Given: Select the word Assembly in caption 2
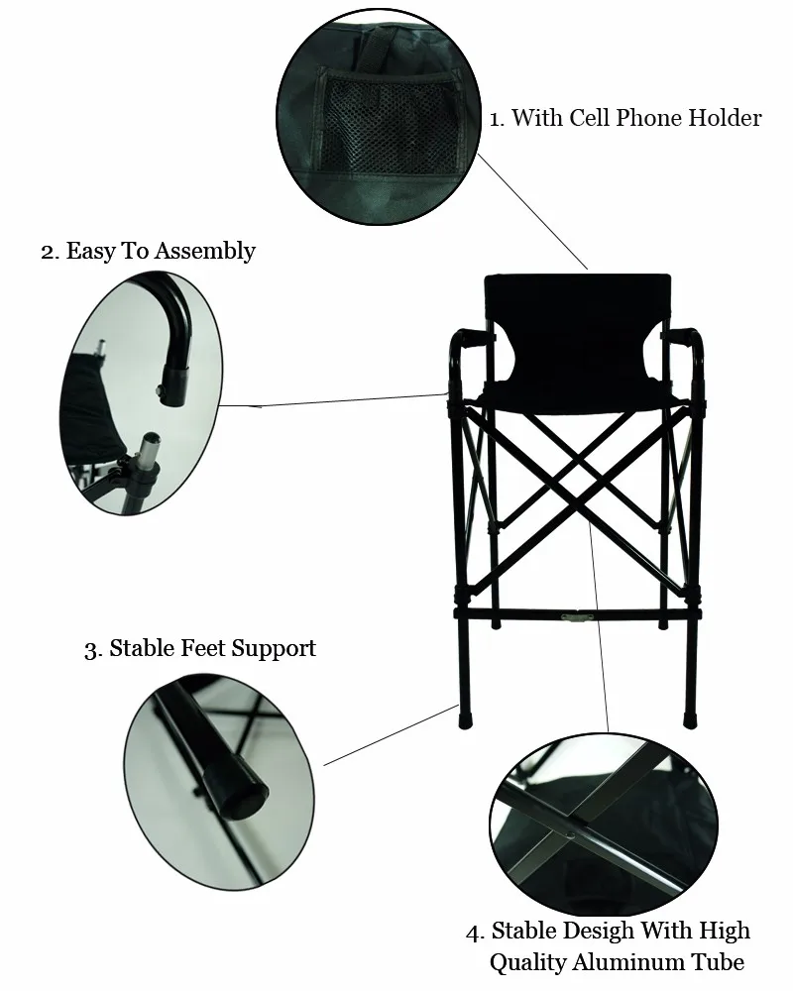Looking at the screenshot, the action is [205, 251].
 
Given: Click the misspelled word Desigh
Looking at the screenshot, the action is [599, 931].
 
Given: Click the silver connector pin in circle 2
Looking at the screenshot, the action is [150, 449].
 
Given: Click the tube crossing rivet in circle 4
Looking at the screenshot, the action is [572, 834].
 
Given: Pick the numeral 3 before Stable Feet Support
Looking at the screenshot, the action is [92, 650].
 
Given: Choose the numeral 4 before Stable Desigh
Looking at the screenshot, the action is [476, 933].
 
